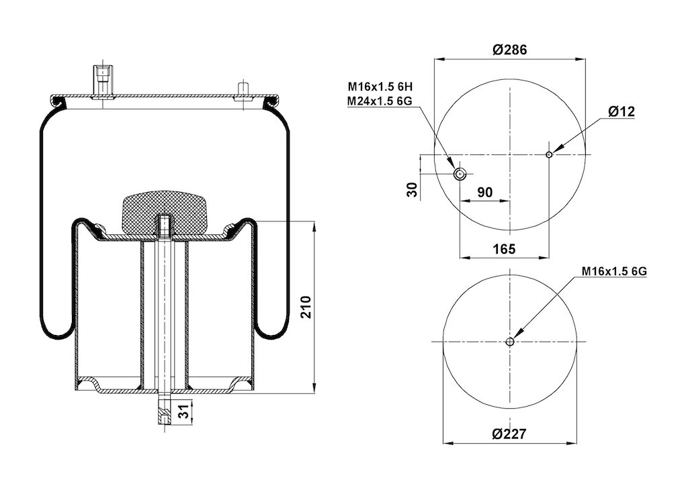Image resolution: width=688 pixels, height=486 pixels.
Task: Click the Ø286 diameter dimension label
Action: [x=509, y=50]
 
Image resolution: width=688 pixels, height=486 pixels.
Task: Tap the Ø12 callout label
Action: [x=621, y=111]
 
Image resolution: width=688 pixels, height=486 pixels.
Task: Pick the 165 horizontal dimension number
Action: [x=504, y=249]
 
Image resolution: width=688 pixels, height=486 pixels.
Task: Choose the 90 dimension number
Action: [x=485, y=192]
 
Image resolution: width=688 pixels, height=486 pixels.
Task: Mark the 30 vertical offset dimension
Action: [x=412, y=189]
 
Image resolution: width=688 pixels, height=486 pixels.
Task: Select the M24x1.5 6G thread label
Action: [x=380, y=101]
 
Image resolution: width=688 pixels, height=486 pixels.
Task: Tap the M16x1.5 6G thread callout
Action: [x=614, y=272]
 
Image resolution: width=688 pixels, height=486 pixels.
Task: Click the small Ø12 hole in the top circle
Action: [x=549, y=154]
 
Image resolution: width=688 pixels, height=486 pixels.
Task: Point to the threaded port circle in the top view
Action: [x=460, y=175]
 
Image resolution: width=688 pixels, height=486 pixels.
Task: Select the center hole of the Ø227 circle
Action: [x=510, y=342]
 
